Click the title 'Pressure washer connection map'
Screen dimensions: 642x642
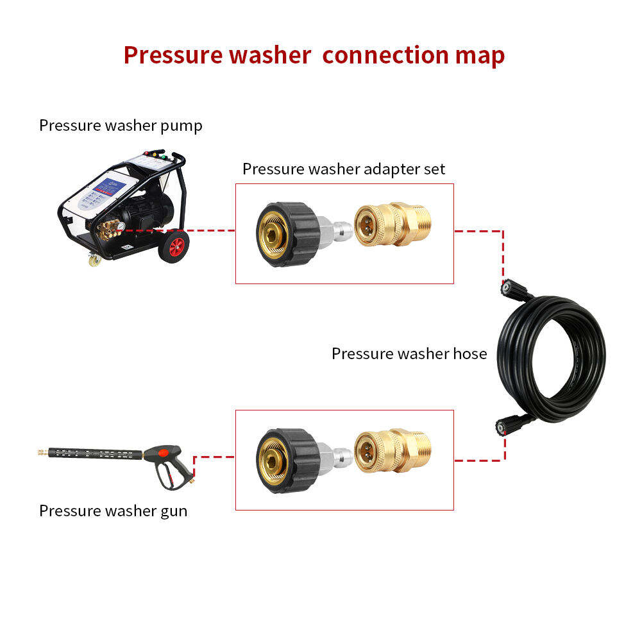[314, 55]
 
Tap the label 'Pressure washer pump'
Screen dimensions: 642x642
[121, 125]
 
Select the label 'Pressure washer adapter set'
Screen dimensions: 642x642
[344, 169]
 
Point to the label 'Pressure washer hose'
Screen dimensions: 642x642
[409, 353]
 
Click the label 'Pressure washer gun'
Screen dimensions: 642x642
[114, 511]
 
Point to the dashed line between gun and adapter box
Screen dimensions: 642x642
[214, 457]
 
